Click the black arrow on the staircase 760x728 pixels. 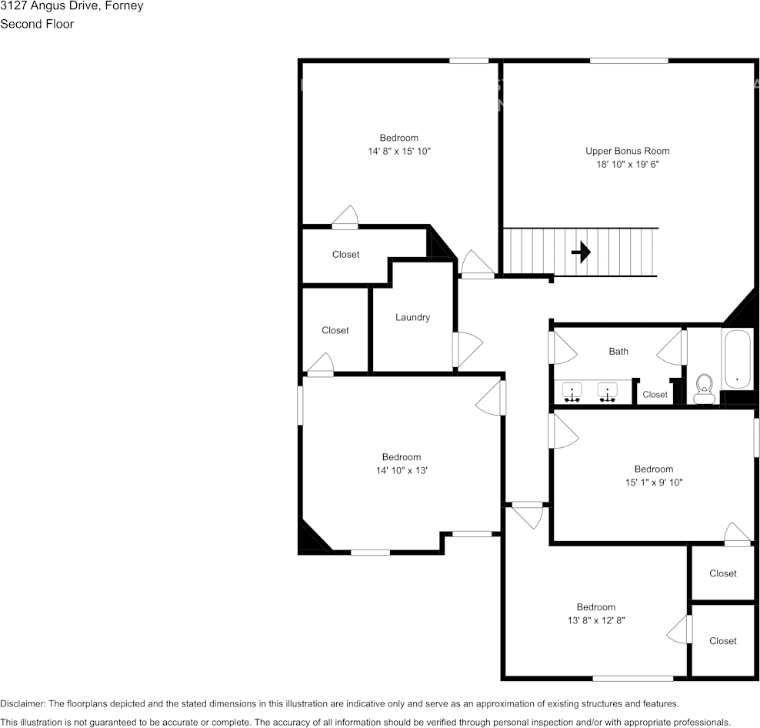point(581,252)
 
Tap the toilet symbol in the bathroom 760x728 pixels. point(704,389)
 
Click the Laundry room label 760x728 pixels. point(412,317)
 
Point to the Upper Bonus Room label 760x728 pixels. point(627,151)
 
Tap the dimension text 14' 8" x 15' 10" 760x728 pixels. point(398,152)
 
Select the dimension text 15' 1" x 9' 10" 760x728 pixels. point(653,483)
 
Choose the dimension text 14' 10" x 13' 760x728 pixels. point(401,470)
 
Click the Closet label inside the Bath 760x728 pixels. point(655,395)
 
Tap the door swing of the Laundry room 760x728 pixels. point(468,349)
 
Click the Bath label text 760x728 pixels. point(618,351)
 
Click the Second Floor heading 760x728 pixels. point(37,24)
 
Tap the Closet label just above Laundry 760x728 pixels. point(345,254)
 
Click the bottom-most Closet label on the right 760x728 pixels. point(722,640)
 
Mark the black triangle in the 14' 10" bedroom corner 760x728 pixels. point(310,539)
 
